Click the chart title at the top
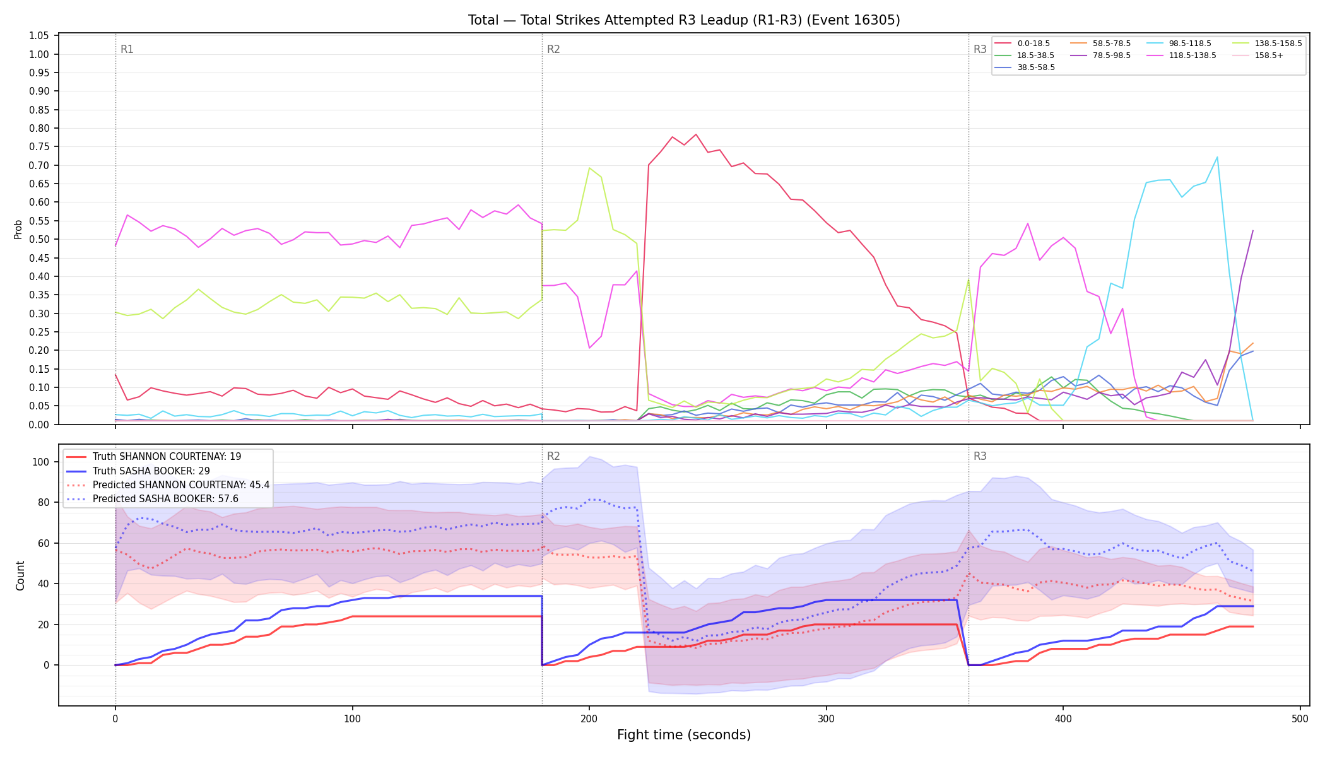point(684,20)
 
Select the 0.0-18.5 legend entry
point(1022,44)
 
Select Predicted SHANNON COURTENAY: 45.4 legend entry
point(168,485)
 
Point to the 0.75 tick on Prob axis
point(40,147)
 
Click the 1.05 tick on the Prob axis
point(40,36)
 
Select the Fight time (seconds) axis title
point(684,735)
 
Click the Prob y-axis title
point(18,229)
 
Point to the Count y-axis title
point(20,575)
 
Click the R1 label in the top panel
point(127,49)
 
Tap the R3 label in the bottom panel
point(980,456)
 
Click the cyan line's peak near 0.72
point(1217,157)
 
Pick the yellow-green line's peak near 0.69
point(589,168)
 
